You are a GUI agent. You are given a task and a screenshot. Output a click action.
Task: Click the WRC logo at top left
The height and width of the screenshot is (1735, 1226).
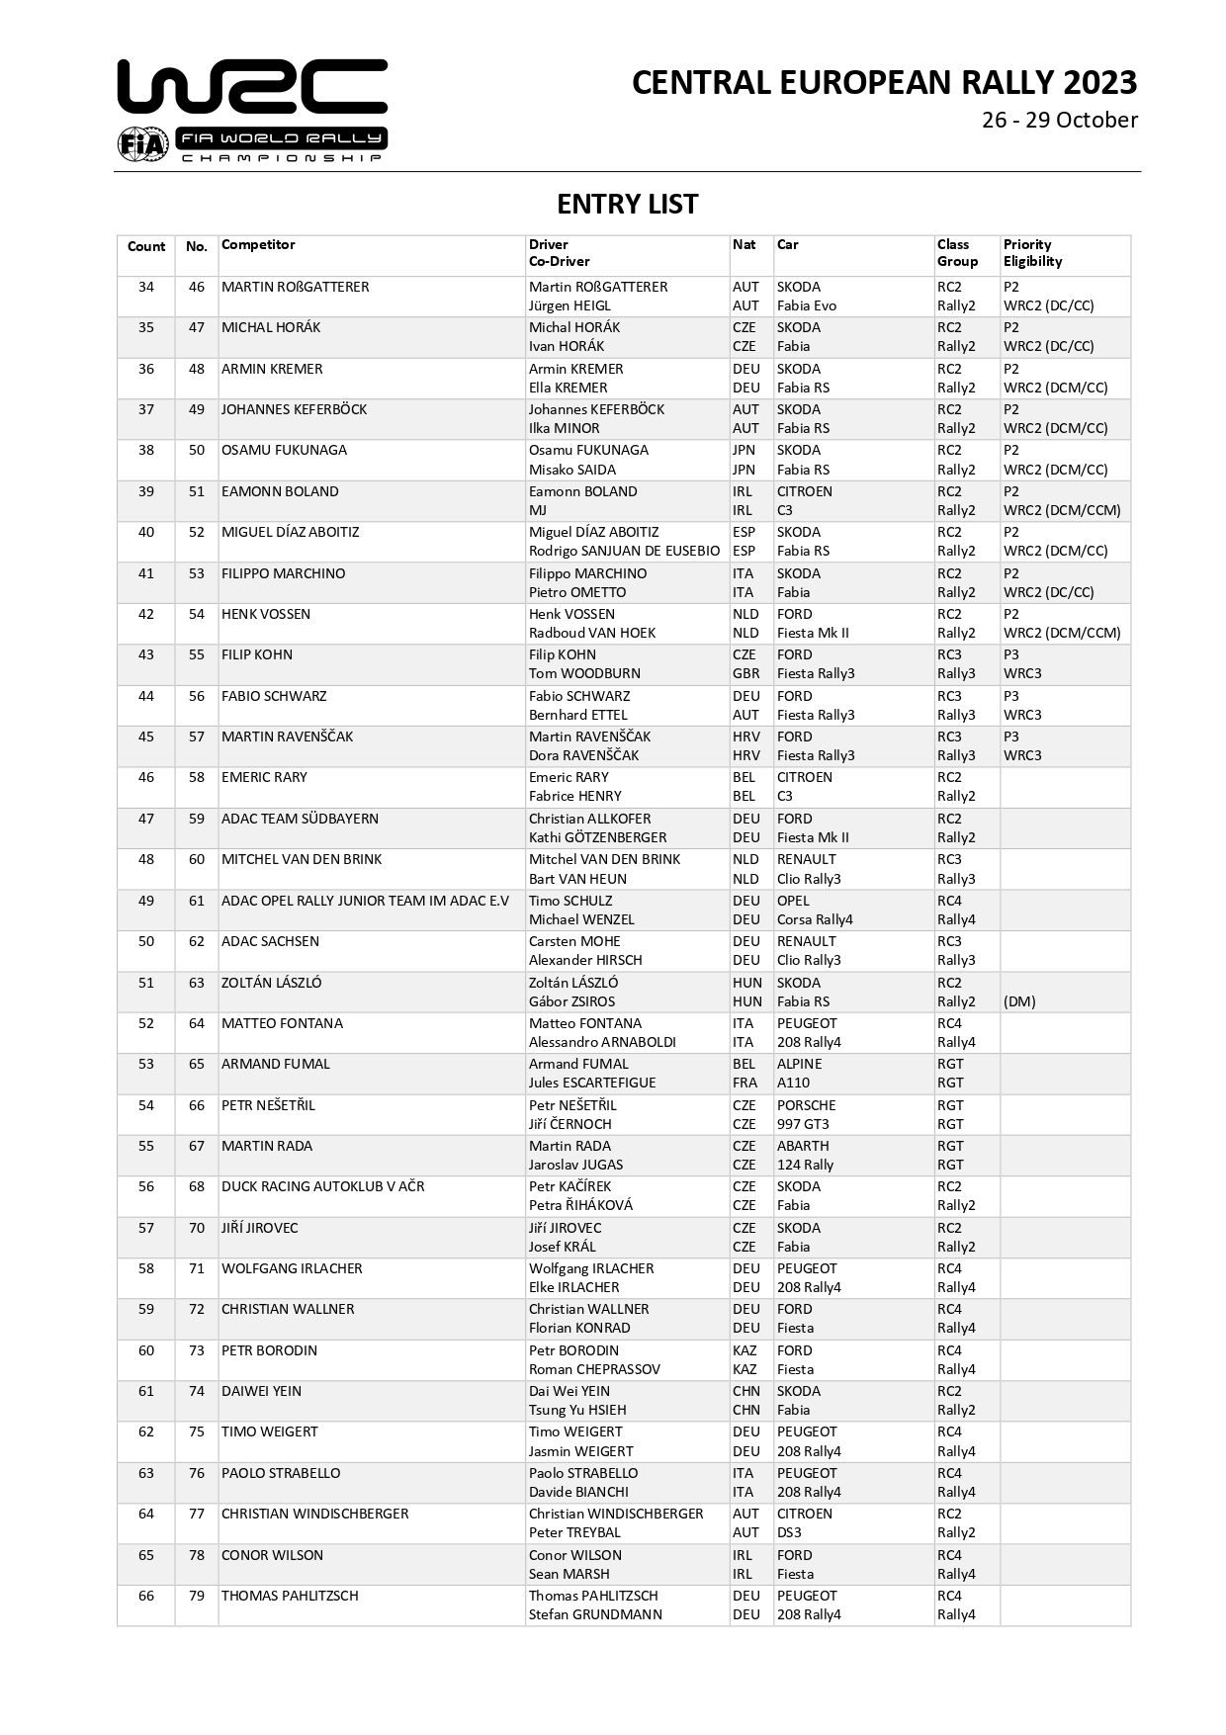pos(252,110)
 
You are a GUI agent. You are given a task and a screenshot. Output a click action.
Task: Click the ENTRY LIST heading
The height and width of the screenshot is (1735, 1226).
pos(627,205)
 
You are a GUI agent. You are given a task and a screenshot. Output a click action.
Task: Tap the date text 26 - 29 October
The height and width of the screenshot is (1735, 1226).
pos(1059,121)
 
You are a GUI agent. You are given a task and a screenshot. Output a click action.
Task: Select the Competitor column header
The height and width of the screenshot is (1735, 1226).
pos(258,245)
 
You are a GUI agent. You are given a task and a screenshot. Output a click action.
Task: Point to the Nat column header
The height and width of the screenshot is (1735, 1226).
pos(744,245)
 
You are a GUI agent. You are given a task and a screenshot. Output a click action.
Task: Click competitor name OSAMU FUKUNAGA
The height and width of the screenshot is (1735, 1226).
pos(284,451)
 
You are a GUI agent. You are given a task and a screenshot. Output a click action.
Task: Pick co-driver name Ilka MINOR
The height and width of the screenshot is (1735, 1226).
pos(564,429)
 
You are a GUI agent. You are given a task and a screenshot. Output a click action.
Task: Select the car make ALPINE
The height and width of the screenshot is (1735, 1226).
pos(799,1065)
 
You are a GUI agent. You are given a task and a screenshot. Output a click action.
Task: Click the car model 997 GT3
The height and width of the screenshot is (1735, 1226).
pos(803,1124)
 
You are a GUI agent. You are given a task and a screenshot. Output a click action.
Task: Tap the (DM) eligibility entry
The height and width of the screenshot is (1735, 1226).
pos(1019,1001)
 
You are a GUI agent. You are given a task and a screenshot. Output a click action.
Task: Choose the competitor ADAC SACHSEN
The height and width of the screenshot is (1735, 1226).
pos(270,942)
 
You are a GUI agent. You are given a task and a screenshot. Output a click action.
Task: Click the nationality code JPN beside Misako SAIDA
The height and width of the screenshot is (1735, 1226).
pos(744,470)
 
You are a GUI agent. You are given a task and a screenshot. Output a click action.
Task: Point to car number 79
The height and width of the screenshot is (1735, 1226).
pos(197,1596)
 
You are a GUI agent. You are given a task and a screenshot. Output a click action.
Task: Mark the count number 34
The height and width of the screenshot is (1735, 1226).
pos(146,288)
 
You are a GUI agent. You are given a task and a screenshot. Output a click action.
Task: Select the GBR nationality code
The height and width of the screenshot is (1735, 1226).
pos(745,674)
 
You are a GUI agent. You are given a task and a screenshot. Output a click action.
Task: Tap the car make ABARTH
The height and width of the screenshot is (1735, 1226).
pos(803,1147)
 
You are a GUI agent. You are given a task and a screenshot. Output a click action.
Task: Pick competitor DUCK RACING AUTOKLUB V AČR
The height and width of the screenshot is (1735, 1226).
pos(322,1187)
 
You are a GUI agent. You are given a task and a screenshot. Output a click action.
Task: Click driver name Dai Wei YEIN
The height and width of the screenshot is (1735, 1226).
pos(569,1392)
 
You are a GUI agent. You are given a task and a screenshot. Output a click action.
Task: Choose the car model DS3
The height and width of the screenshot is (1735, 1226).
pos(789,1533)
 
